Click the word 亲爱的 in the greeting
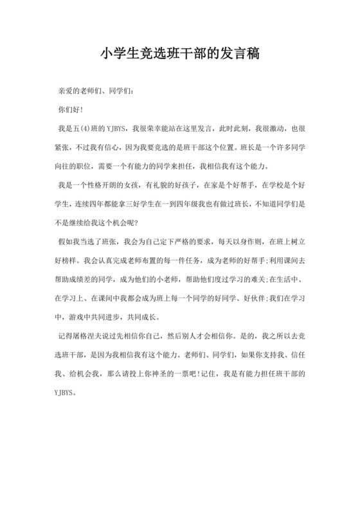(x=69, y=91)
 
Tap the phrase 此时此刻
(x=226, y=129)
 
